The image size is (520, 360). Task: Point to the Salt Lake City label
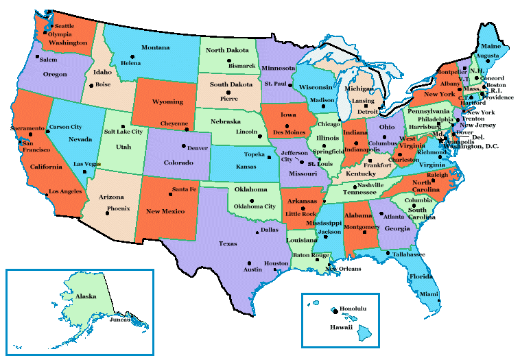click(123, 131)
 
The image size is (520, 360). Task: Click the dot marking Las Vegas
click(84, 171)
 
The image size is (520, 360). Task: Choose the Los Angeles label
click(64, 191)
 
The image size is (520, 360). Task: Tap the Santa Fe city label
click(184, 189)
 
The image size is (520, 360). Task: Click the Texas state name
click(228, 243)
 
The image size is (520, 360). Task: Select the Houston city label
click(277, 263)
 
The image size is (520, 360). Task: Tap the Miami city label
click(429, 293)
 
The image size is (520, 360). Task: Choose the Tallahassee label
click(409, 254)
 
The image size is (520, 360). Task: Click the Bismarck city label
click(241, 66)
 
